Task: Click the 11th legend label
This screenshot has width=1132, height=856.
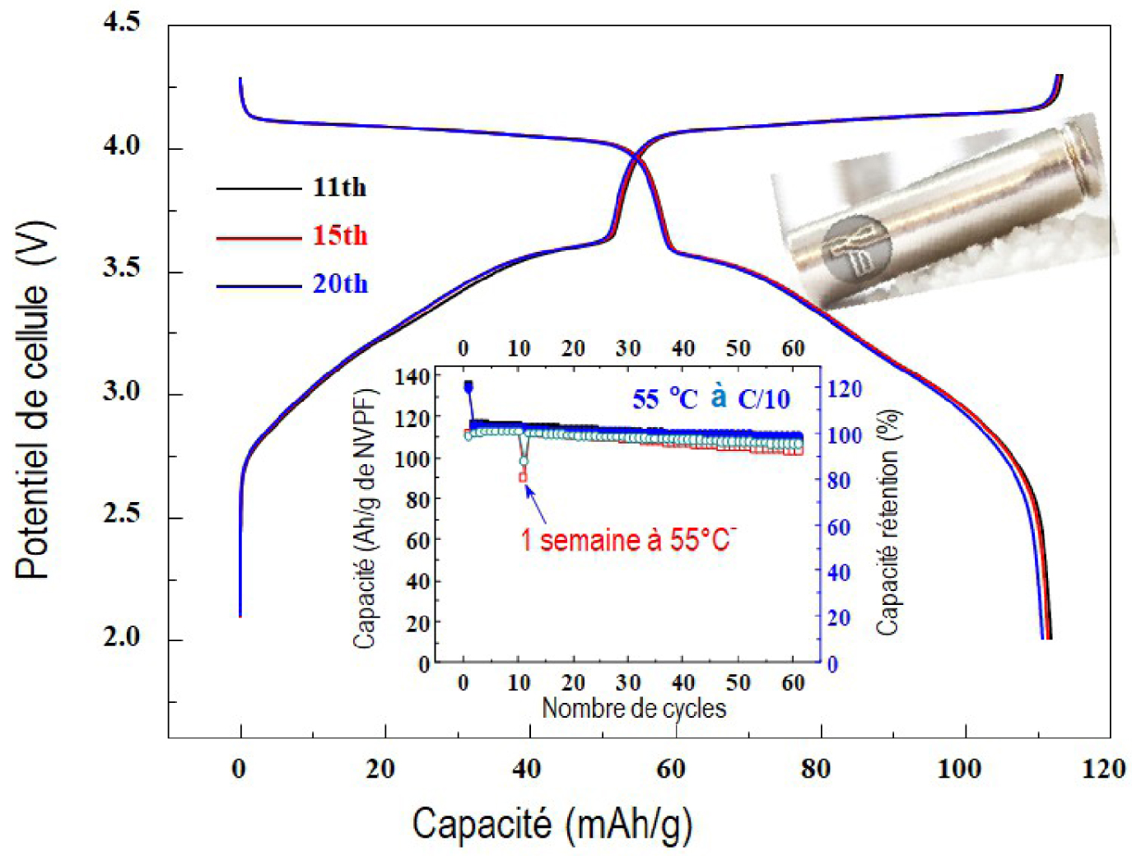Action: [339, 188]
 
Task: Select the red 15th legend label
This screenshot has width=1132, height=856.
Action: [339, 236]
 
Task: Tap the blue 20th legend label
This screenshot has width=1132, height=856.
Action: [340, 284]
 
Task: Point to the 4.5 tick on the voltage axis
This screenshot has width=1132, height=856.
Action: [122, 22]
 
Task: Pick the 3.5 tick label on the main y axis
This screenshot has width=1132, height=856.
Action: [122, 267]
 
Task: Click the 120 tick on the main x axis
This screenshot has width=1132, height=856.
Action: [1103, 769]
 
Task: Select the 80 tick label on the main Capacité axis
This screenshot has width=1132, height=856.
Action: [816, 769]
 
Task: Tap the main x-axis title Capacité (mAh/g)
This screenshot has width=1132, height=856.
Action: [552, 824]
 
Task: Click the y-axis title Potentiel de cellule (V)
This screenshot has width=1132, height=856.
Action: [33, 400]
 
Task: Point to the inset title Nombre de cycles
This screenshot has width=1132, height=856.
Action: [634, 709]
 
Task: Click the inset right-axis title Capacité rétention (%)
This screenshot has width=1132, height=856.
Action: [887, 523]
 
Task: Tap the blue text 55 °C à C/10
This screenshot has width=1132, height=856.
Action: [711, 399]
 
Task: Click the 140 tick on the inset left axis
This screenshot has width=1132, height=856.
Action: [412, 378]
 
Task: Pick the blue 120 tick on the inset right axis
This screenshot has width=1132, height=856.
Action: [844, 389]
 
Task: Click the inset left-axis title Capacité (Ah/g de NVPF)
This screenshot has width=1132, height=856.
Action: [365, 519]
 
